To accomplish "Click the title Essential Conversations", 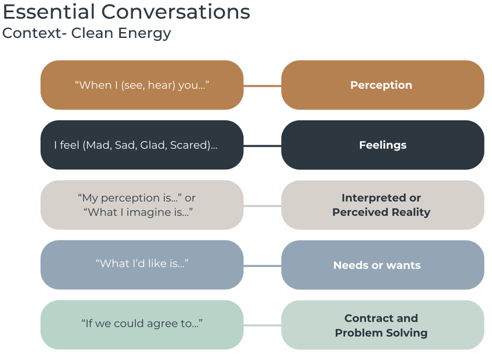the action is pyautogui.click(x=126, y=12).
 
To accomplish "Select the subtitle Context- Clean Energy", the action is pyautogui.click(x=86, y=33).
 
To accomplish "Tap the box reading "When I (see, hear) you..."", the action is pyautogui.click(x=142, y=85).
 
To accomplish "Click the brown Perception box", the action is pyautogui.click(x=382, y=85).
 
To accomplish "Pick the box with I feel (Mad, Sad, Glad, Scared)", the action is pyautogui.click(x=142, y=145).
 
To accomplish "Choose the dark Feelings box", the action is pyautogui.click(x=382, y=145).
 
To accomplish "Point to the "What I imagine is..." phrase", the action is pyautogui.click(x=138, y=212).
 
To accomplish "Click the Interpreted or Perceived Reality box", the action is pyautogui.click(x=382, y=205).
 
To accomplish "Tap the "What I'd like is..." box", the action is pyautogui.click(x=142, y=265).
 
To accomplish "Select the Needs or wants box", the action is pyautogui.click(x=382, y=265).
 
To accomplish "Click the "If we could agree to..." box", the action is pyautogui.click(x=142, y=325).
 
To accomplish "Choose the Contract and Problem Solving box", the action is pyautogui.click(x=382, y=325).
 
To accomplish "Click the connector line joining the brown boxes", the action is pyautogui.click(x=262, y=86).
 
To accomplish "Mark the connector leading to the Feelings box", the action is pyautogui.click(x=262, y=146).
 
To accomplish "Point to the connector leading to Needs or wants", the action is pyautogui.click(x=262, y=266).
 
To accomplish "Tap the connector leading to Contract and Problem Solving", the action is pyautogui.click(x=262, y=326).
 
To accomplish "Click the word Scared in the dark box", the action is pyautogui.click(x=189, y=145).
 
